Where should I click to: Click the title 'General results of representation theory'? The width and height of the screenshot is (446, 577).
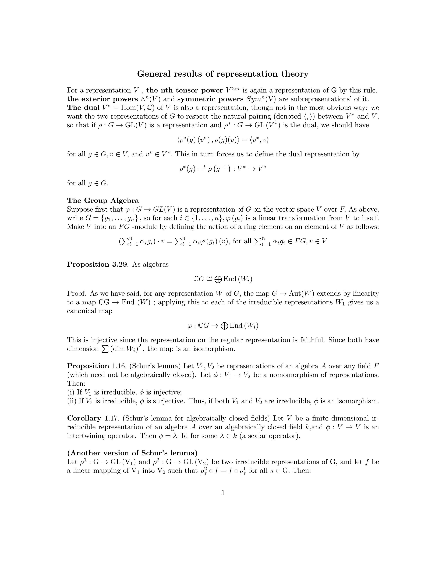(x=223, y=74)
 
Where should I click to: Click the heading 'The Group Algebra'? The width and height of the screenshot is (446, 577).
(x=103, y=201)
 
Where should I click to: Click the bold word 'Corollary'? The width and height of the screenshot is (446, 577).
(x=84, y=418)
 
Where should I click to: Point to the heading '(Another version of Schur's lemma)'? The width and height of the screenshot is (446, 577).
(x=132, y=453)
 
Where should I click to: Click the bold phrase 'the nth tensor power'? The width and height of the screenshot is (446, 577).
(x=184, y=90)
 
